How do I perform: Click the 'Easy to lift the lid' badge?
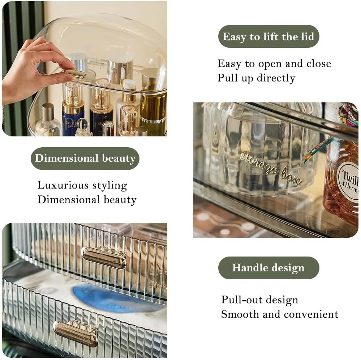[x=268, y=37]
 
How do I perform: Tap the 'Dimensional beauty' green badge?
[x=85, y=158]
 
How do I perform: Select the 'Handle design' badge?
[x=268, y=268]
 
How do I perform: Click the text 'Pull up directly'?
[x=256, y=78]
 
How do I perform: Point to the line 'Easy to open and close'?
[x=274, y=64]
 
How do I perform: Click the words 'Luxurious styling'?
[x=82, y=186]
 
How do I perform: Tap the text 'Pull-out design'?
[x=259, y=300]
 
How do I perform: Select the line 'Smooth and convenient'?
[x=279, y=314]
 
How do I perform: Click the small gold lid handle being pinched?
[x=75, y=74]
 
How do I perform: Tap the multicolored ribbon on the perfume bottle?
[x=331, y=134]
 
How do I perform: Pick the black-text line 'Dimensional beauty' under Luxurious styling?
[x=87, y=200]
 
